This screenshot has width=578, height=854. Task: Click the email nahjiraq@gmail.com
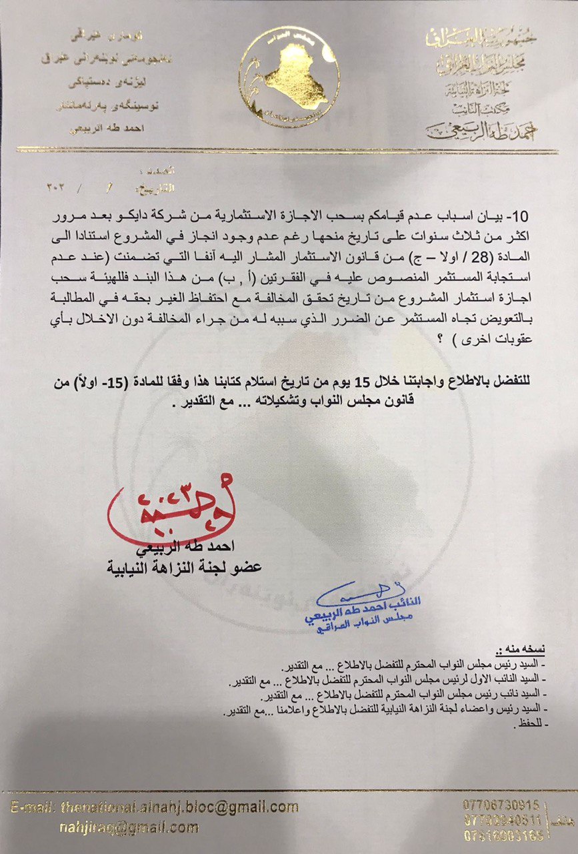click(x=128, y=828)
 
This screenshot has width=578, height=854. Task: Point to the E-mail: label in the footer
click(x=34, y=807)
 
